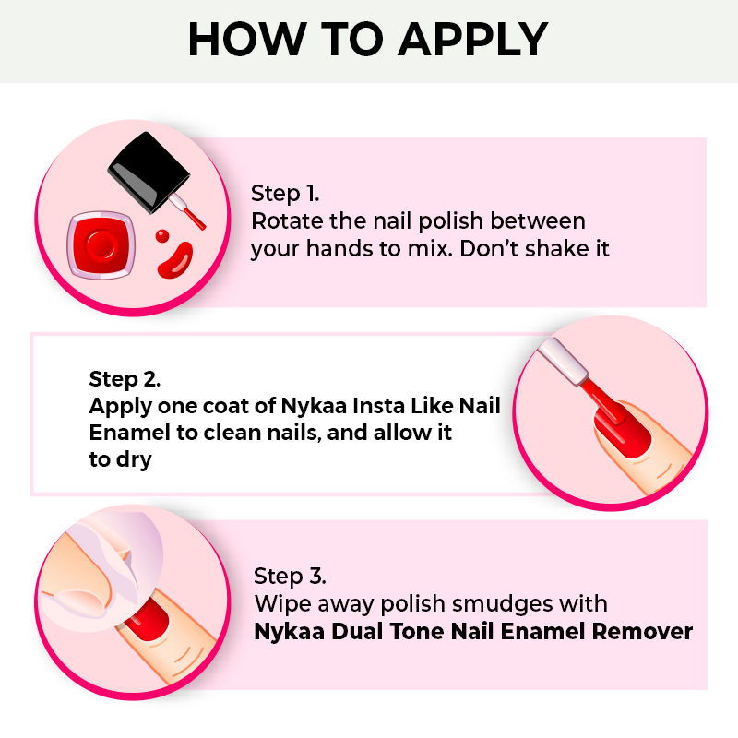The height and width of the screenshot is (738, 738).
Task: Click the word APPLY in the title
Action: (x=473, y=40)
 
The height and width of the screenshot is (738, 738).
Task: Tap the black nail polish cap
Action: (x=149, y=171)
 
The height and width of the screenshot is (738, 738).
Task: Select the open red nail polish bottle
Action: (x=101, y=244)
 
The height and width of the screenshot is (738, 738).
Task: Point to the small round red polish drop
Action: (x=162, y=236)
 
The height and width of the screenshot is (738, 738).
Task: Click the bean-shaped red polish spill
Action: (x=175, y=260)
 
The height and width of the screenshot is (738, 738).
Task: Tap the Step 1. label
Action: (x=285, y=194)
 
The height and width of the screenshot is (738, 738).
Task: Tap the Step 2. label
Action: (x=125, y=379)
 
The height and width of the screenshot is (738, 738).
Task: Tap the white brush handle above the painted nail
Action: (x=563, y=362)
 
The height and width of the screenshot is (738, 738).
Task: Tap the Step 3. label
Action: (x=290, y=577)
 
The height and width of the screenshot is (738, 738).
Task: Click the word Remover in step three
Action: (x=642, y=631)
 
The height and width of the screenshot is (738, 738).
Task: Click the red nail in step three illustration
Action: (x=149, y=620)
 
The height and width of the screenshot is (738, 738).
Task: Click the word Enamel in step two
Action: (x=129, y=433)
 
